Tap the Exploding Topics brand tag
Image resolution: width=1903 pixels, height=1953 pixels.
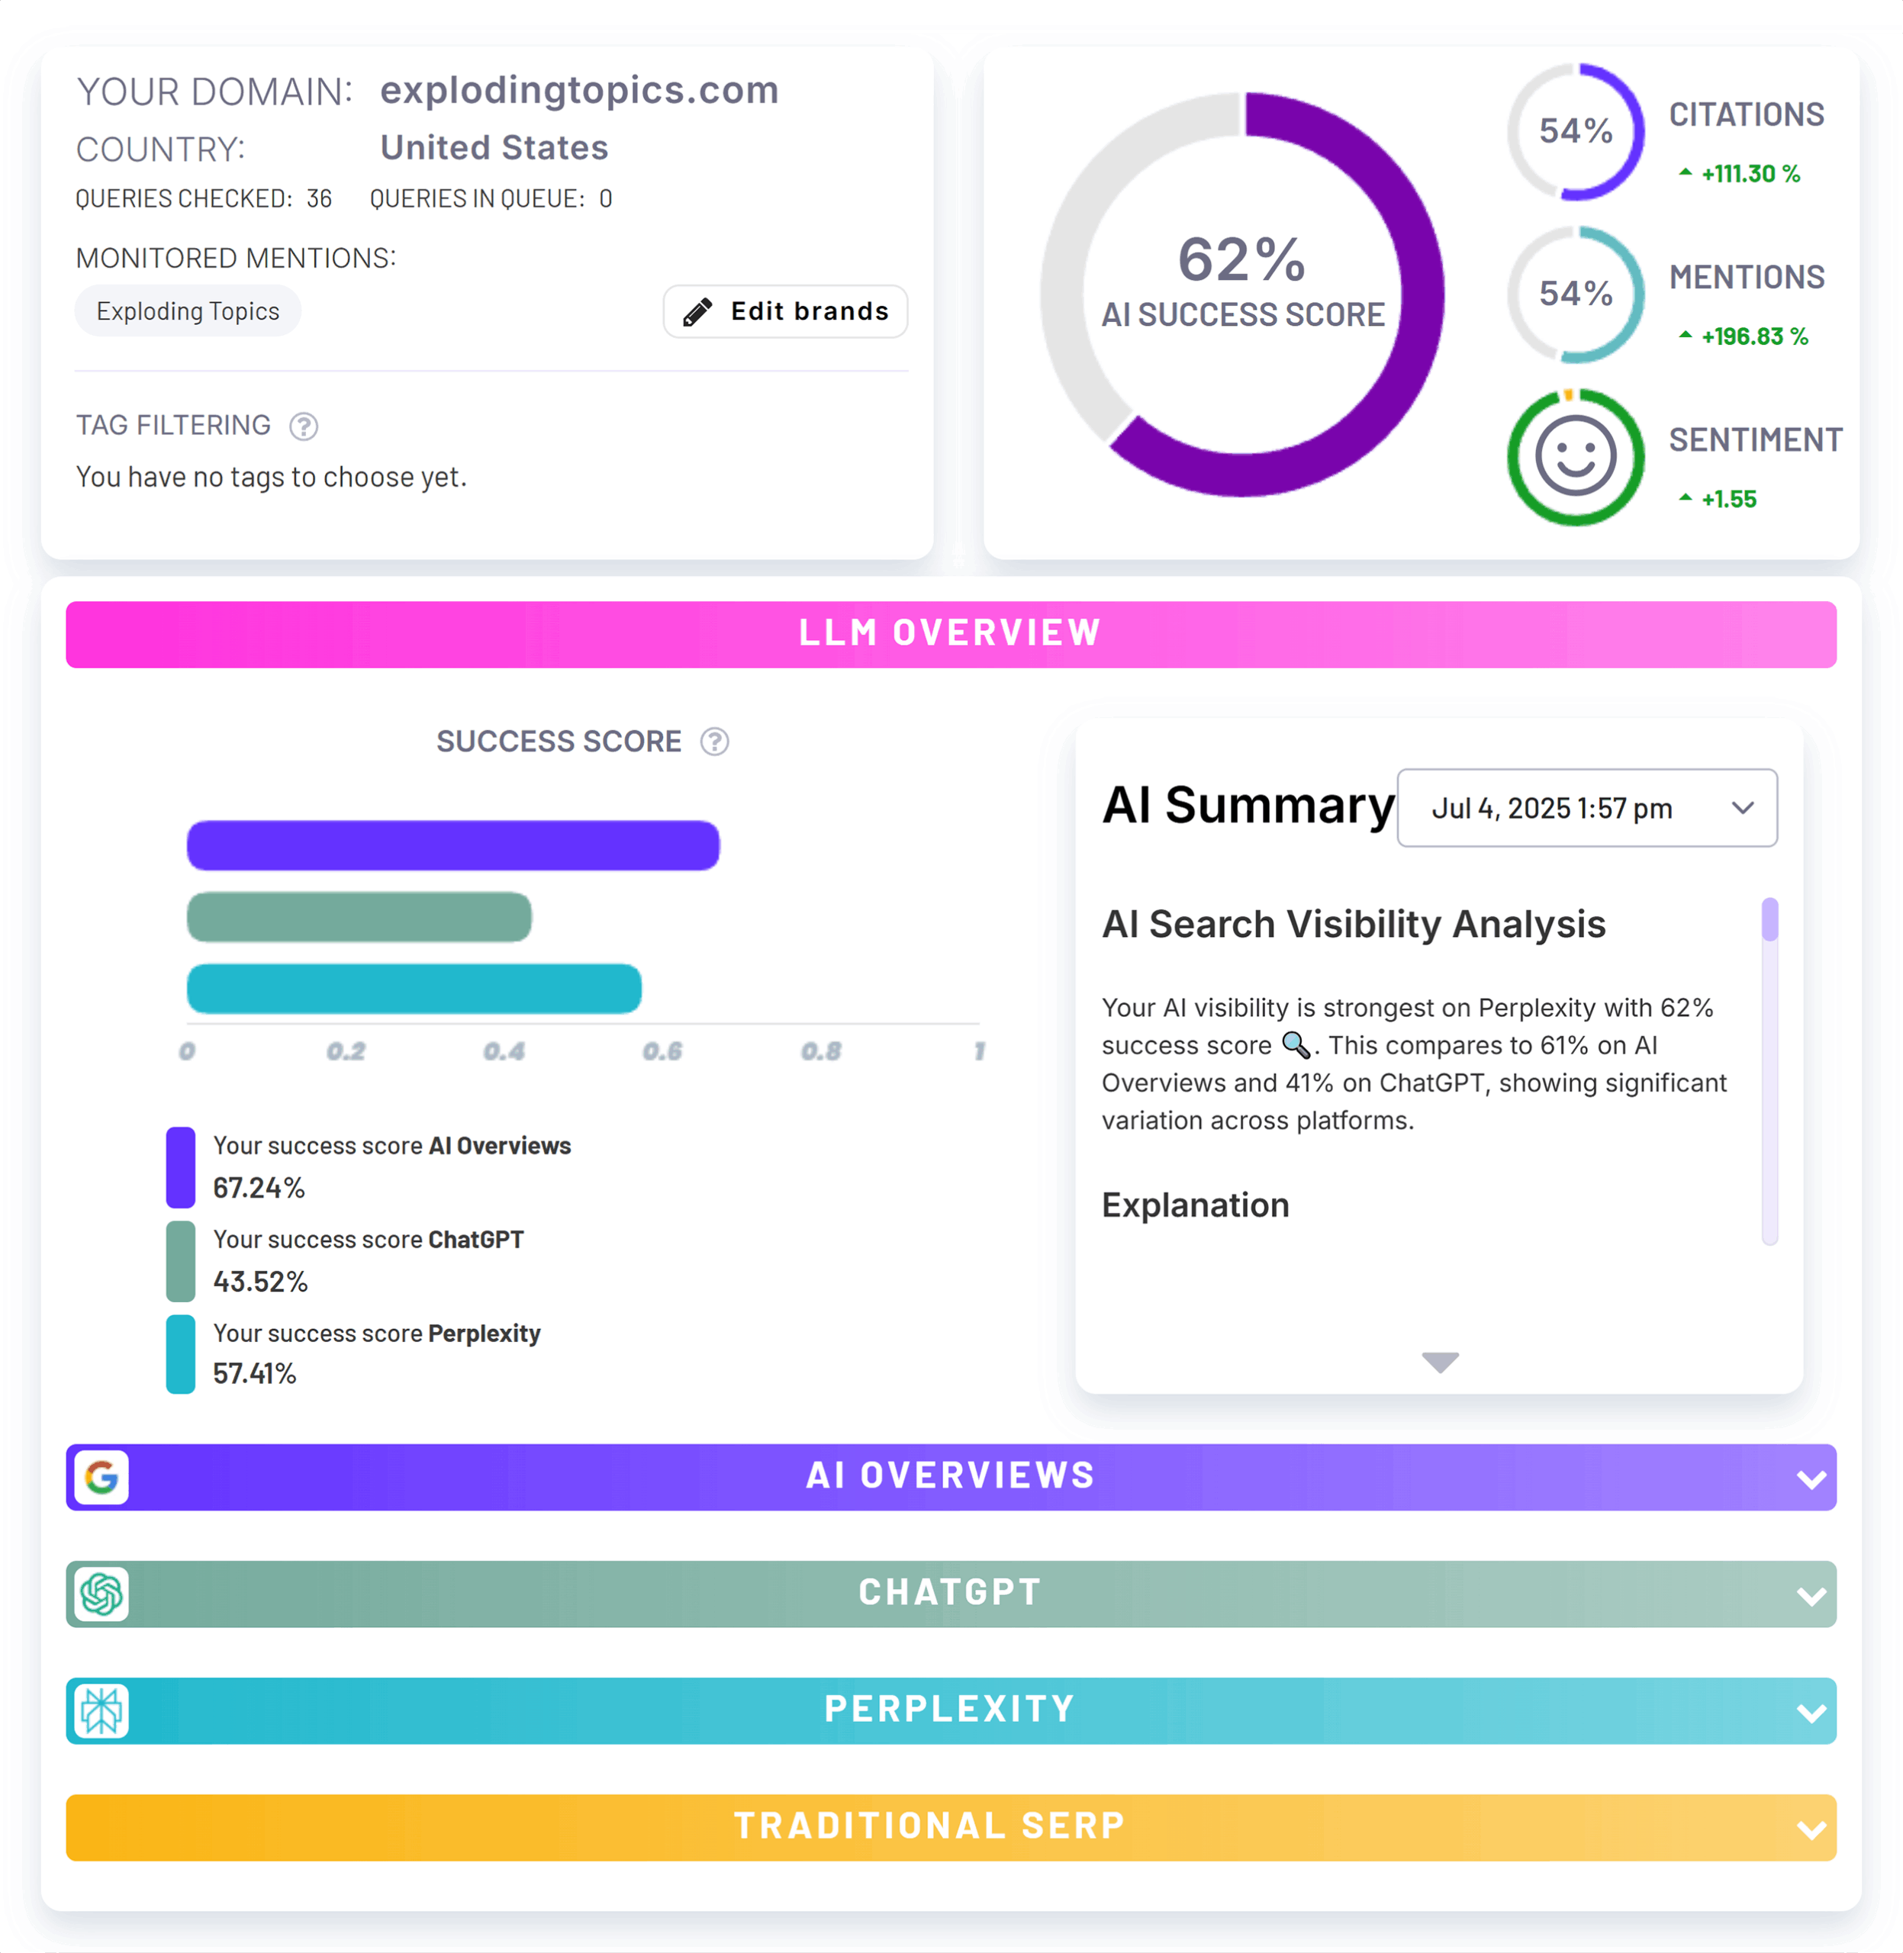click(x=188, y=312)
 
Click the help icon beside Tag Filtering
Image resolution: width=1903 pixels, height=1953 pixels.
click(x=304, y=426)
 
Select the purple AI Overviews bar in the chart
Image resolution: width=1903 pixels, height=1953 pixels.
click(x=452, y=845)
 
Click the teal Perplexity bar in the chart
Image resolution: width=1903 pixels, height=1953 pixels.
click(x=414, y=989)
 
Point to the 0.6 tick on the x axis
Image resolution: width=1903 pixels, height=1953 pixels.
click(x=662, y=1051)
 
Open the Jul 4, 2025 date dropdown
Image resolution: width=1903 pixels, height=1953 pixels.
click(x=1586, y=808)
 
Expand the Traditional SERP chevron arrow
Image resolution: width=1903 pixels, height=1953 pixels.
click(x=1810, y=1829)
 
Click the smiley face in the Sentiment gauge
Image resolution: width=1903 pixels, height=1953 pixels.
click(x=1575, y=457)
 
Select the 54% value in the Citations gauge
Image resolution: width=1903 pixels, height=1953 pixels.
click(x=1575, y=131)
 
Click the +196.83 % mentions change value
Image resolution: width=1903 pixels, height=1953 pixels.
click(x=1754, y=337)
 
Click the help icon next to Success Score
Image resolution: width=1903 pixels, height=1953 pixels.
click(x=715, y=742)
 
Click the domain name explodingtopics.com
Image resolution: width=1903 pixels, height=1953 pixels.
click(x=578, y=90)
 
